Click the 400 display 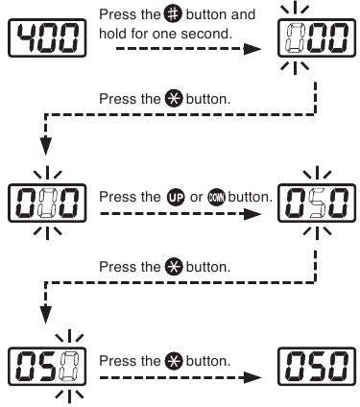pyautogui.click(x=47, y=38)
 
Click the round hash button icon pyautogui.click(x=173, y=14)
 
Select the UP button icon pyautogui.click(x=176, y=198)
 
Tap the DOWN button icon pyautogui.click(x=216, y=198)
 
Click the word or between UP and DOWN pyautogui.click(x=196, y=198)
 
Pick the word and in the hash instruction pyautogui.click(x=243, y=14)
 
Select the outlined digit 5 pyautogui.click(x=317, y=203)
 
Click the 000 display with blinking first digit pyautogui.click(x=317, y=38)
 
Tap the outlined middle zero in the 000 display pyautogui.click(x=47, y=203)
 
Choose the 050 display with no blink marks pyautogui.click(x=317, y=366)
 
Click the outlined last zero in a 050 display pyautogui.click(x=69, y=366)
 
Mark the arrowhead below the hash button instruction pyautogui.click(x=253, y=49)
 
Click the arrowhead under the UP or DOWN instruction pyautogui.click(x=253, y=214)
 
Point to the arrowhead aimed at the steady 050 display pyautogui.click(x=253, y=377)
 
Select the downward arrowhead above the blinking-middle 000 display pyautogui.click(x=46, y=147)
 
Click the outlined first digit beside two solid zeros pyautogui.click(x=295, y=37)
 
